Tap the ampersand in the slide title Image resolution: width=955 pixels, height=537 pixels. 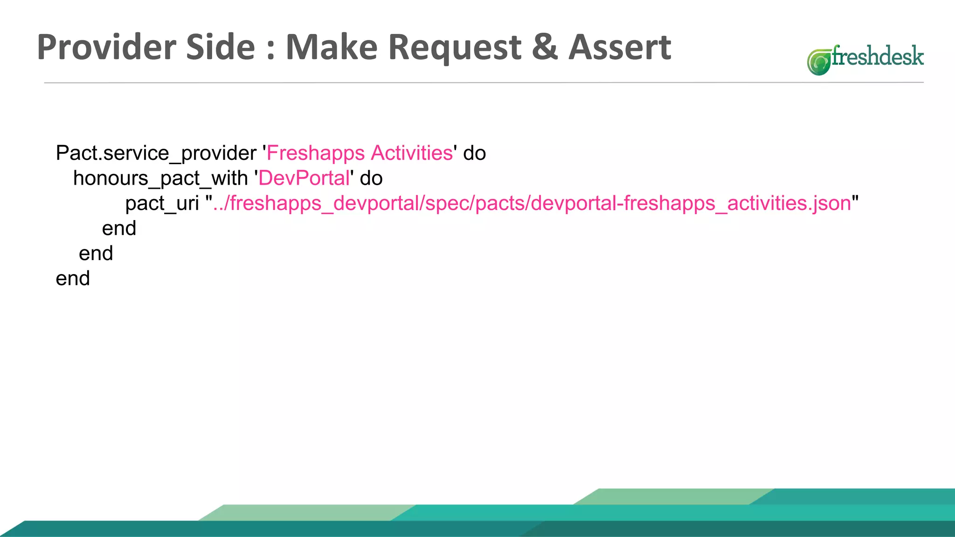pyautogui.click(x=544, y=48)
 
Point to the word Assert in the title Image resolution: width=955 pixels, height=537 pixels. pyautogui.click(x=620, y=48)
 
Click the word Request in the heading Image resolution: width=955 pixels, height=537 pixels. pyautogui.click(x=454, y=48)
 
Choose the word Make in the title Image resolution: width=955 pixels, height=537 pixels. pyautogui.click(x=331, y=48)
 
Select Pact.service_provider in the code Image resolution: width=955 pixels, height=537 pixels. pyautogui.click(x=156, y=153)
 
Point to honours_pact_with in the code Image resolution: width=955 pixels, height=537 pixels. pyautogui.click(x=160, y=179)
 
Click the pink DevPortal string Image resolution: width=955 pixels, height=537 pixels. pyautogui.click(x=304, y=179)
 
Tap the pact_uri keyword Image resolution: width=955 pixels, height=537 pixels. pyautogui.click(x=162, y=204)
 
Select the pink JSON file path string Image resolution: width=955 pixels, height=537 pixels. pyautogui.click(x=532, y=204)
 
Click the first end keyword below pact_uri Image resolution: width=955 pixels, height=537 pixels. pyautogui.click(x=119, y=228)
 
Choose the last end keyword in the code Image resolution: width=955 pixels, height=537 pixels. pyautogui.click(x=73, y=279)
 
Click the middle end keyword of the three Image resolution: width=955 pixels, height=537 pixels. pyautogui.click(x=96, y=254)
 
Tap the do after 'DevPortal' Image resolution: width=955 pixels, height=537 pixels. pyautogui.click(x=371, y=179)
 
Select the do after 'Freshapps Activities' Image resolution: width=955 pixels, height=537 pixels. pyautogui.click(x=474, y=153)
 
